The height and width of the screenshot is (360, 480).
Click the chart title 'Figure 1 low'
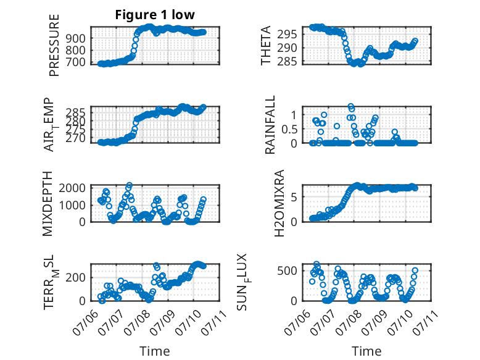click(155, 15)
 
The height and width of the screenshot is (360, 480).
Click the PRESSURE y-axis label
click(54, 45)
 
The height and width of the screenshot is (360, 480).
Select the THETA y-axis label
click(266, 45)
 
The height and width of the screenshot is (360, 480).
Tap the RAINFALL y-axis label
click(270, 125)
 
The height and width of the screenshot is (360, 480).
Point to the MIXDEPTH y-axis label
click(48, 204)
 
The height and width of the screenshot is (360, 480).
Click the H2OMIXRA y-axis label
click(279, 203)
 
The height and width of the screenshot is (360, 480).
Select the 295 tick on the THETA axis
click(287, 34)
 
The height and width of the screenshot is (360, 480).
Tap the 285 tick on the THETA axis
click(287, 62)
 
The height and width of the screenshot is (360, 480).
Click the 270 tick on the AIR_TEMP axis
click(76, 138)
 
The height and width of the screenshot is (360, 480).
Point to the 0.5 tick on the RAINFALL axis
click(289, 129)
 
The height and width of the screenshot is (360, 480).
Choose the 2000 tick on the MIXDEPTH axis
click(72, 188)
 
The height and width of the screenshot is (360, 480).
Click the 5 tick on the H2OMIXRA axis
click(294, 197)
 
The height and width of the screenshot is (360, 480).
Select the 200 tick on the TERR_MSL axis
click(76, 278)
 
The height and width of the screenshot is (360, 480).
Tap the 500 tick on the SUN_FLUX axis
click(287, 271)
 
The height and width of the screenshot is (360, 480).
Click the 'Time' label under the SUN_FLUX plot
click(366, 351)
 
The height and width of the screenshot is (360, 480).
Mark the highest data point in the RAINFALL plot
click(351, 106)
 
